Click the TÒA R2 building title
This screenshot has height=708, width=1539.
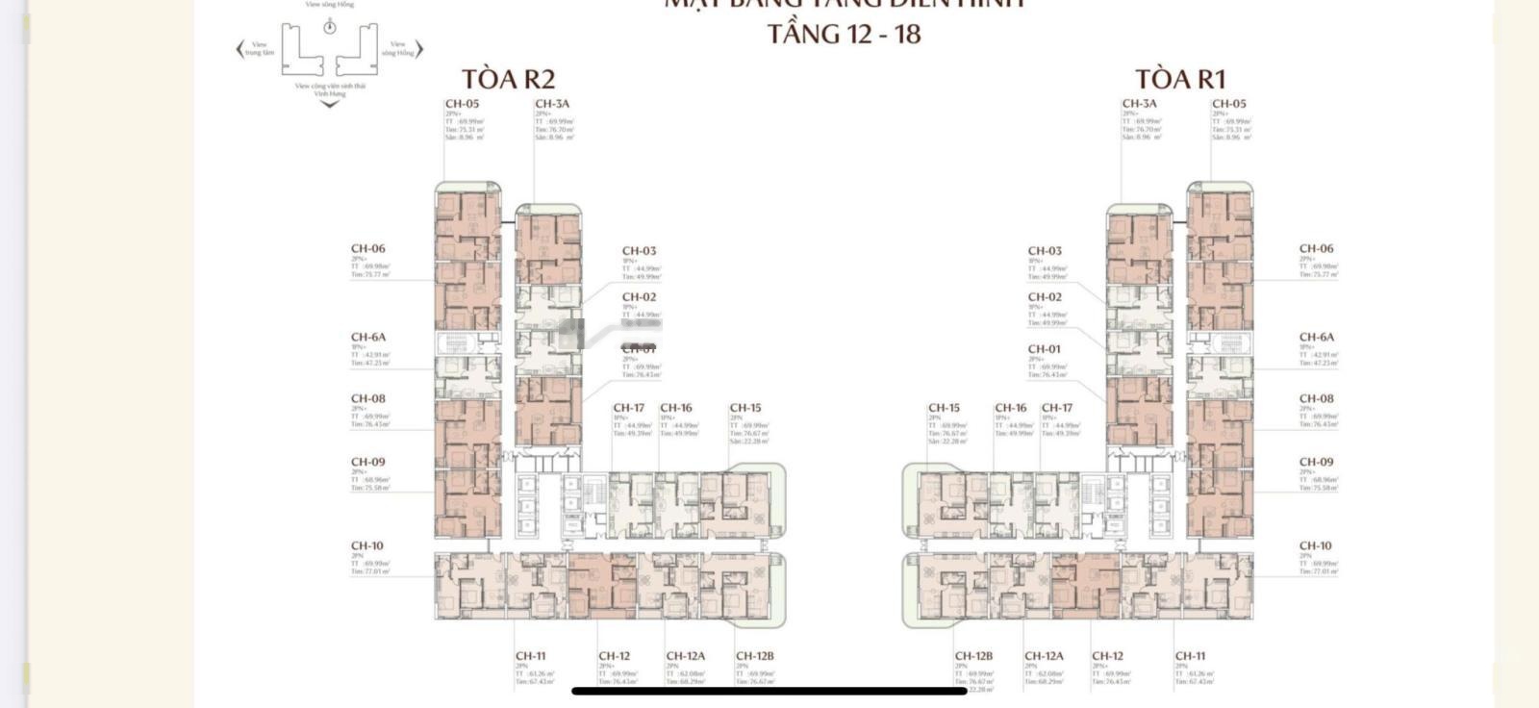pyautogui.click(x=508, y=79)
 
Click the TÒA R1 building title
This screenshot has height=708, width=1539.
pyautogui.click(x=1179, y=79)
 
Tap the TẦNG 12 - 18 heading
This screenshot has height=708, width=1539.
pyautogui.click(x=844, y=35)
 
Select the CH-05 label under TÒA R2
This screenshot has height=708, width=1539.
pyautogui.click(x=462, y=104)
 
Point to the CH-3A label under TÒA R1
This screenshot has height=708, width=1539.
pyautogui.click(x=1139, y=104)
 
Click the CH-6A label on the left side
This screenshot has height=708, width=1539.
pyautogui.click(x=367, y=338)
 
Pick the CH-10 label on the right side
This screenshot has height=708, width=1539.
pyautogui.click(x=1315, y=546)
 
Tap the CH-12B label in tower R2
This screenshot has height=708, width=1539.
pyautogui.click(x=754, y=656)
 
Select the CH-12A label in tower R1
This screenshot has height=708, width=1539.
pyautogui.click(x=1044, y=656)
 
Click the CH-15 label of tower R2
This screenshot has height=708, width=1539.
pyautogui.click(x=744, y=408)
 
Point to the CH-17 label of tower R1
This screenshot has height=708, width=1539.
pyautogui.click(x=1056, y=408)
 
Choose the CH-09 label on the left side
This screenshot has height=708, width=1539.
pyautogui.click(x=367, y=463)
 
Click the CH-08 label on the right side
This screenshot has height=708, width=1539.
pyautogui.click(x=1316, y=399)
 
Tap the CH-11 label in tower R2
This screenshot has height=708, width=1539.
pyautogui.click(x=530, y=656)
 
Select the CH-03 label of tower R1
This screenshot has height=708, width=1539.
pyautogui.click(x=1045, y=251)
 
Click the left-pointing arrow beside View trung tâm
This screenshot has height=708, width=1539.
pyautogui.click(x=240, y=49)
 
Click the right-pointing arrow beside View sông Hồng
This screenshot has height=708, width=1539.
pyautogui.click(x=419, y=49)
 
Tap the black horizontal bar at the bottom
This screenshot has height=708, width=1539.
pyautogui.click(x=769, y=691)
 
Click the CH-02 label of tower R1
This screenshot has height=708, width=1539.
pyautogui.click(x=1045, y=297)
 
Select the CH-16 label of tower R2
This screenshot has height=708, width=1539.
pyautogui.click(x=675, y=408)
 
